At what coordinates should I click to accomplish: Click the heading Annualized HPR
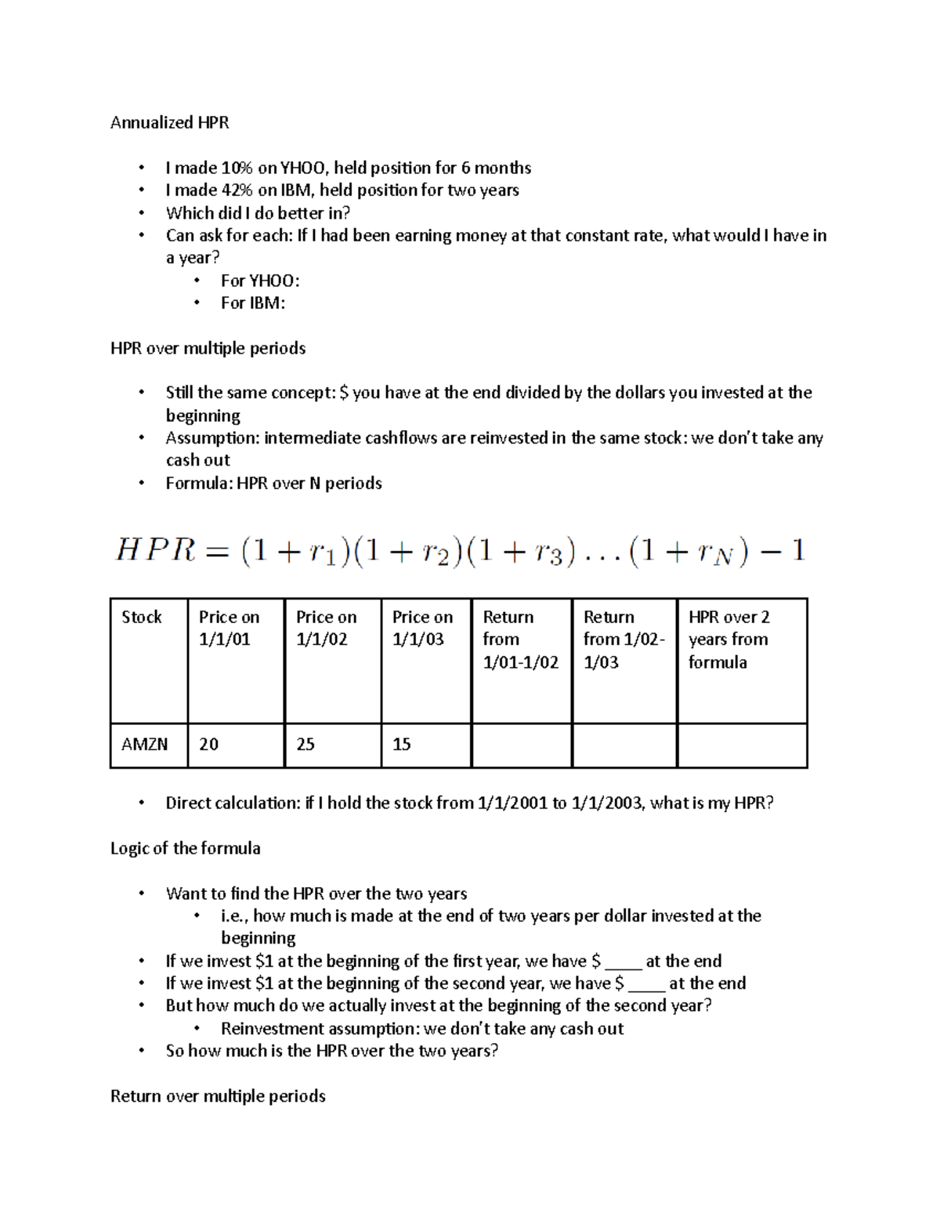(169, 122)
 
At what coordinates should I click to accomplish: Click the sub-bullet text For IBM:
(252, 303)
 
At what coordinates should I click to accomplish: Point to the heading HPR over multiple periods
(208, 348)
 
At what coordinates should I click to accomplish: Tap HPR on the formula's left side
(154, 550)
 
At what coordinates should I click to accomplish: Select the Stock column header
(142, 618)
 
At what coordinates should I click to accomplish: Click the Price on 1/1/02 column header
(326, 628)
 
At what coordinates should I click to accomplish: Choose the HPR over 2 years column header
(728, 639)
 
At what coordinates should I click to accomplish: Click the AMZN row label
(144, 744)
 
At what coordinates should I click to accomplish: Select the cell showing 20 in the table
(208, 744)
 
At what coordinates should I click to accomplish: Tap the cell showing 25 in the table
(305, 744)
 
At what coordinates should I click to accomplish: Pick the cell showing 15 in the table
(402, 744)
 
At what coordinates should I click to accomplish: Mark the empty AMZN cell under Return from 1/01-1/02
(521, 745)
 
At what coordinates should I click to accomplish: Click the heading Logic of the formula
(185, 848)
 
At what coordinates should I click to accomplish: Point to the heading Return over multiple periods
(218, 1096)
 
